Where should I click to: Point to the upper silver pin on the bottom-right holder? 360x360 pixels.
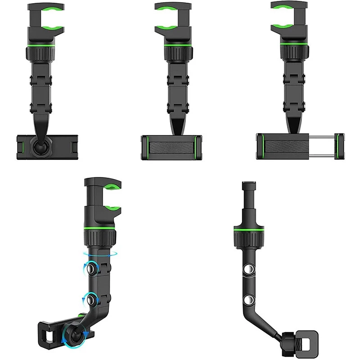pyautogui.click(x=249, y=270)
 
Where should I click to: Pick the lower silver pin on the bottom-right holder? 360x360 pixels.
pyautogui.click(x=249, y=299)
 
